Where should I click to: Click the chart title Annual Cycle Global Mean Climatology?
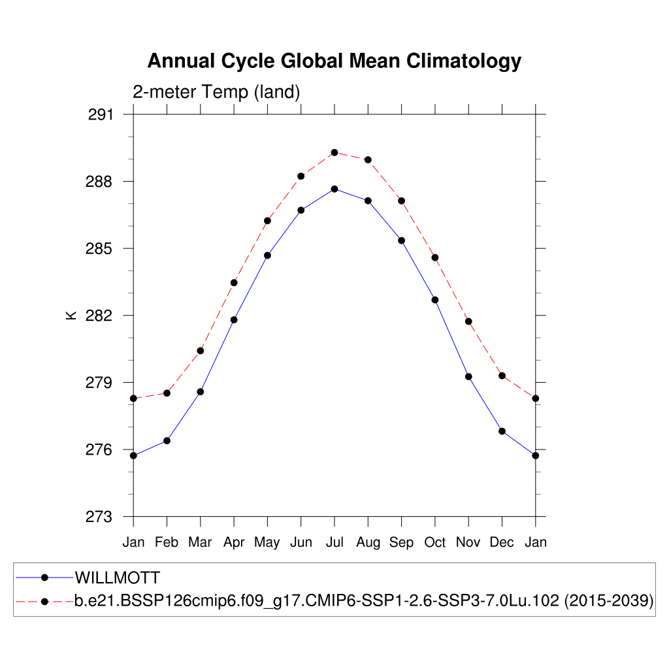(x=334, y=61)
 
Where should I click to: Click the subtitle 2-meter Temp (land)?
(x=216, y=92)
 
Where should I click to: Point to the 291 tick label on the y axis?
(x=100, y=115)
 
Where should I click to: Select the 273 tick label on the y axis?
(x=100, y=517)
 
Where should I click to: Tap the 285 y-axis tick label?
(x=100, y=249)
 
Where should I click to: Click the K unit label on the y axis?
(x=71, y=316)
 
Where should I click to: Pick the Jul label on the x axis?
(x=334, y=542)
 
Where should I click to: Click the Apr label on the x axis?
(x=234, y=542)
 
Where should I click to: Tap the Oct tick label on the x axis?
(x=434, y=542)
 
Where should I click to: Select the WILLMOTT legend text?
(x=118, y=578)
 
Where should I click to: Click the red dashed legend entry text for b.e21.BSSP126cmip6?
(x=364, y=601)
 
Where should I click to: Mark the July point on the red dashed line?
(x=334, y=152)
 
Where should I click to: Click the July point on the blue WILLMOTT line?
(x=334, y=189)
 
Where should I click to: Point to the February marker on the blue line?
(x=167, y=441)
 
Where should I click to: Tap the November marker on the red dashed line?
(x=468, y=321)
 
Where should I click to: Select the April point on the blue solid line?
(x=234, y=319)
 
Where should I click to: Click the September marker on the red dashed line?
(x=401, y=201)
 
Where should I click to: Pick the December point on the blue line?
(x=502, y=431)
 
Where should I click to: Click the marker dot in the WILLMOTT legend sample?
(x=44, y=578)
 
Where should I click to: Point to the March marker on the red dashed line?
(x=201, y=351)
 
